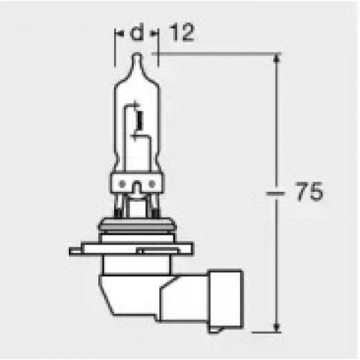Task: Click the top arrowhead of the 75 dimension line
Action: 278,59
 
